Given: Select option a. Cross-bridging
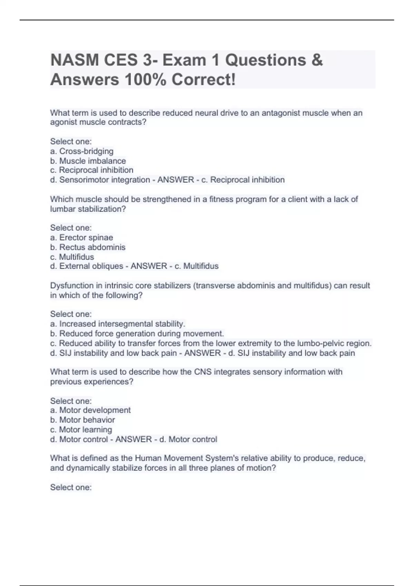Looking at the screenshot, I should tap(82, 151).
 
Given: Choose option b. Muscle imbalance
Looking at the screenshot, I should tap(88, 161).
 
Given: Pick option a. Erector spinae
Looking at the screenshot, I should tap(81, 238).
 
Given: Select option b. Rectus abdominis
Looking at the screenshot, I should tap(88, 247).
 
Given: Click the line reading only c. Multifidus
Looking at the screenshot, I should tap(72, 257).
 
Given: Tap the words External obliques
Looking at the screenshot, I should tap(91, 266).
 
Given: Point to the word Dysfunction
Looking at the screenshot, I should tap(72, 286).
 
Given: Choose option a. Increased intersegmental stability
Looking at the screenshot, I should tap(118, 324).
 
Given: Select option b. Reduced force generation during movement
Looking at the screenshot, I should tap(137, 334).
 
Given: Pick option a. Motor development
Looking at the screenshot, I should tap(90, 410).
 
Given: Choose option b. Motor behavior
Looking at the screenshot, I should tap(82, 420).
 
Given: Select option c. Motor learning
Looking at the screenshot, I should tap(81, 430).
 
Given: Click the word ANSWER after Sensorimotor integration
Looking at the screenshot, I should tap(176, 180).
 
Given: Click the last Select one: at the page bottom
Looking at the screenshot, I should tap(71, 487).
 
